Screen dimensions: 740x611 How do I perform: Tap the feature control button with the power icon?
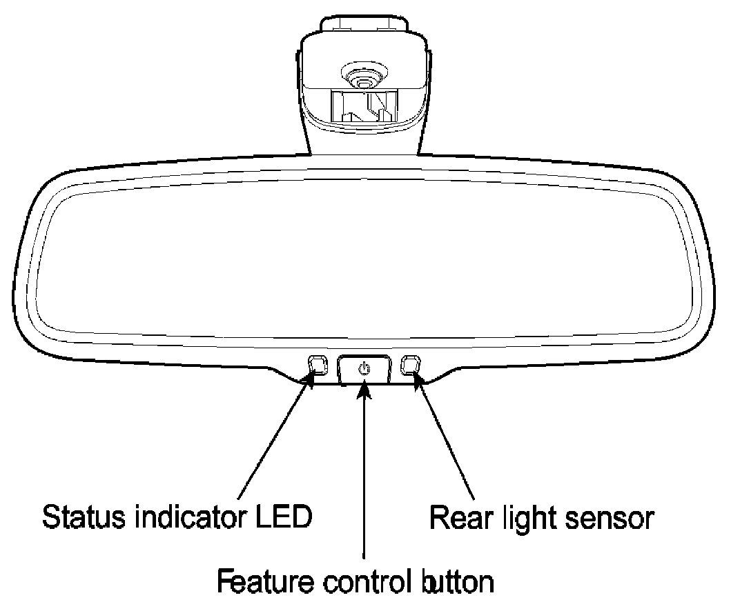point(364,369)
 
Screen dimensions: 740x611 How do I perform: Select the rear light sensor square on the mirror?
point(411,363)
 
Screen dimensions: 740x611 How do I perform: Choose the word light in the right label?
point(524,517)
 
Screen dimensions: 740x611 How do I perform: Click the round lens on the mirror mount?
point(361,77)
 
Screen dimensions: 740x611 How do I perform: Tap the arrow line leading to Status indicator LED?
point(273,441)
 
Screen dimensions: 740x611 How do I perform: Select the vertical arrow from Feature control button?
point(364,476)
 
